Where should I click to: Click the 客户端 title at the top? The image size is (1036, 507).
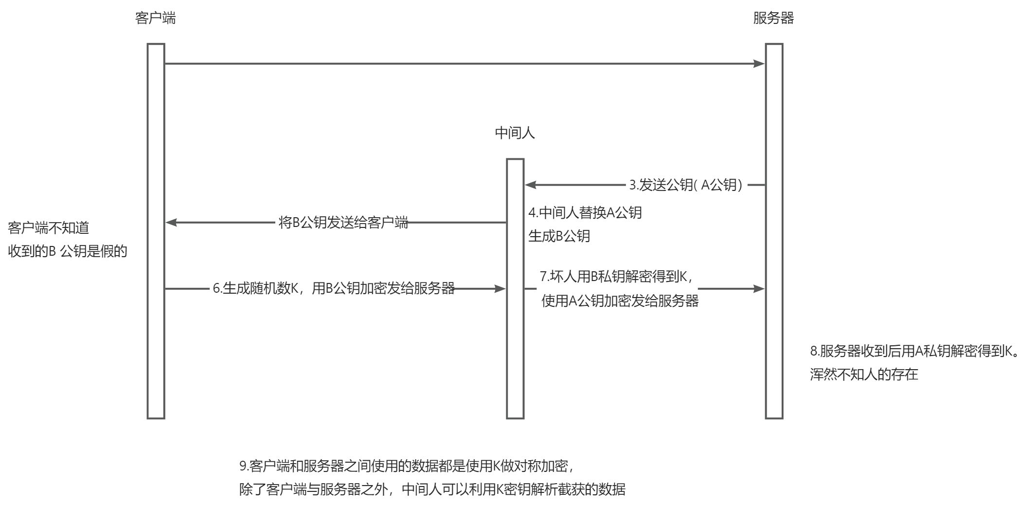click(155, 18)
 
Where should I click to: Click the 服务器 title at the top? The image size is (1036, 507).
click(773, 18)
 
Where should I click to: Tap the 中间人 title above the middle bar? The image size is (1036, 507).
click(515, 133)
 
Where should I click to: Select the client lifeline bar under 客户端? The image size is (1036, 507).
click(156, 231)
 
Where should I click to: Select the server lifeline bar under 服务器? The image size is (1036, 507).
click(774, 231)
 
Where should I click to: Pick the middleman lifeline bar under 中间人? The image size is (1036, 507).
click(515, 288)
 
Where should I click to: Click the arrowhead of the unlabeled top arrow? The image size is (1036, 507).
click(759, 63)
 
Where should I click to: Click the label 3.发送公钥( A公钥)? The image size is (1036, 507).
click(686, 185)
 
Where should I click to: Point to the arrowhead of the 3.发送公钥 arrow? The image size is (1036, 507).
click(531, 185)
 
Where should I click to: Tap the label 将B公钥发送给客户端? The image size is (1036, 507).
click(343, 223)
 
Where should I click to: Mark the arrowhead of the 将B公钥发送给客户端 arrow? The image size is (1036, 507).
click(172, 223)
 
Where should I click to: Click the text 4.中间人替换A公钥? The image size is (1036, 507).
click(585, 212)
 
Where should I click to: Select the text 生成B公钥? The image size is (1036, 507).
click(559, 236)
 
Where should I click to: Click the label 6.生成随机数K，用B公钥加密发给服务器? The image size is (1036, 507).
click(334, 288)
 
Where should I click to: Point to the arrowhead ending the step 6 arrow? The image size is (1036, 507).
click(500, 289)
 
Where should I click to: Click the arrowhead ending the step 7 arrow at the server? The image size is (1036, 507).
click(759, 289)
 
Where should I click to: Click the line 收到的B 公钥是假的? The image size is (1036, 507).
click(68, 251)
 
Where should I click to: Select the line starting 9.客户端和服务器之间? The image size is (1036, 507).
click(408, 466)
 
